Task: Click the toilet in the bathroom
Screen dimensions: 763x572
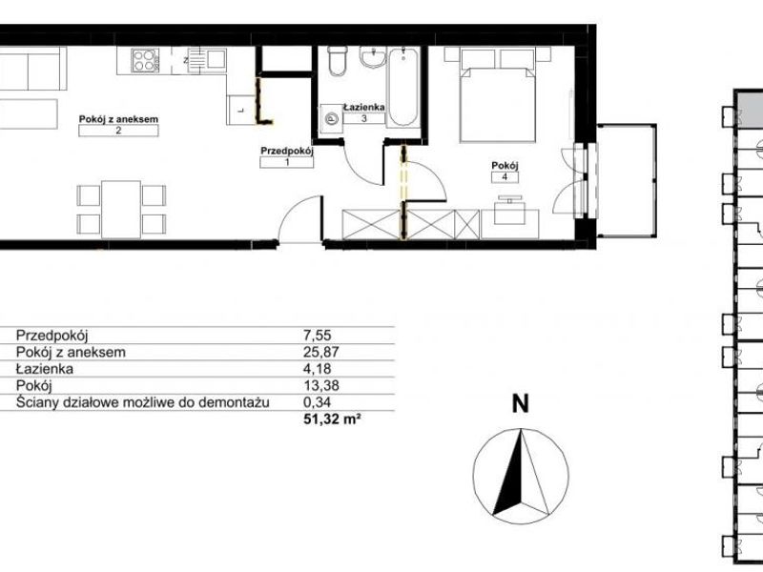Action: [x=337, y=61]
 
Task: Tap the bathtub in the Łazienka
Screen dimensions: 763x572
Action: [x=402, y=87]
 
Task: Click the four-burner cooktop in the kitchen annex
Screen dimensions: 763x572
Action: [x=145, y=61]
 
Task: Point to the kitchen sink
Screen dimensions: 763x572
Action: [x=207, y=60]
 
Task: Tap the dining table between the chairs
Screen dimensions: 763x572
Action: [x=121, y=209]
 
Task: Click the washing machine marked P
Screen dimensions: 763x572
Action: [x=331, y=118]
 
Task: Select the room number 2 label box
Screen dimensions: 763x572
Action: [x=118, y=131]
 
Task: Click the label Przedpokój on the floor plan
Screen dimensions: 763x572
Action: [x=287, y=151]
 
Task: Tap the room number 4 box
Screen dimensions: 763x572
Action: [x=505, y=177]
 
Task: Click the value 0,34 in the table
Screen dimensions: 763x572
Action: [x=318, y=402]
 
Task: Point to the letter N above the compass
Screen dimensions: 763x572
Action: [x=521, y=404]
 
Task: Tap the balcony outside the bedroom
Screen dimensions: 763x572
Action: [x=627, y=180]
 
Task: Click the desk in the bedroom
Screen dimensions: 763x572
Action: [x=510, y=224]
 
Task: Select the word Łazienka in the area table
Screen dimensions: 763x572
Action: [x=44, y=369]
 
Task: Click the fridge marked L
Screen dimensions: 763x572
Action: [x=241, y=110]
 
